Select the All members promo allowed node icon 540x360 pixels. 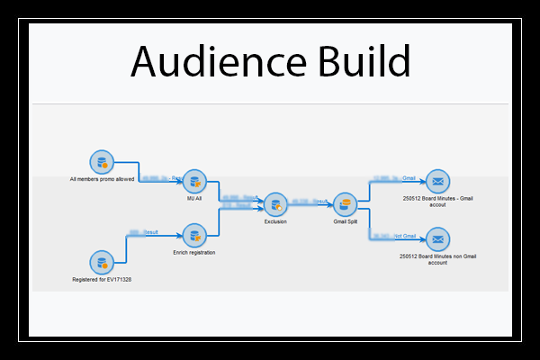101,163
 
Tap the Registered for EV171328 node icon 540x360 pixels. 101,264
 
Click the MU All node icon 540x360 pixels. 194,181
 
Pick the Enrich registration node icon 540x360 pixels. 194,237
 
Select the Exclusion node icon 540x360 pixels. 275,204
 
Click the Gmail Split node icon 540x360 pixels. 345,204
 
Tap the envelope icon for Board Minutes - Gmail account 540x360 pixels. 437,181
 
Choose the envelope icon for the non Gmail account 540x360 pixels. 437,239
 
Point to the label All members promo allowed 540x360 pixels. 101,180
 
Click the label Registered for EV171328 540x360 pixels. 101,281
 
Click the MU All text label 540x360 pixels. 194,198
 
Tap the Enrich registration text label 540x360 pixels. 194,253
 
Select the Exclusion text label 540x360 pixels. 275,221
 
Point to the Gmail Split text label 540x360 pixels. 345,221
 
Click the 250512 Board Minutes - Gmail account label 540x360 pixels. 437,201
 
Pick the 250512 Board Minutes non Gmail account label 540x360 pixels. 437,259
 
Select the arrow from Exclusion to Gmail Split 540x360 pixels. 310,205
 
